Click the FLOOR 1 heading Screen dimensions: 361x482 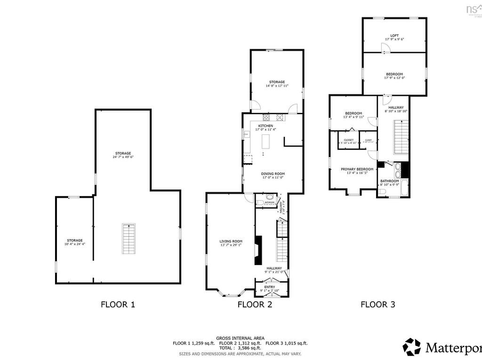(118, 304)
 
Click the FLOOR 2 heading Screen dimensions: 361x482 (255, 304)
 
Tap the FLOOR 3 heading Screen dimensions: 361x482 (378, 304)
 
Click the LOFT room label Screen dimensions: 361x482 (394, 36)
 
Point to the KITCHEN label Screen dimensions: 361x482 (265, 126)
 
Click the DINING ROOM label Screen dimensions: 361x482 (273, 173)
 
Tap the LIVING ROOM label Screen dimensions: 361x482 (231, 242)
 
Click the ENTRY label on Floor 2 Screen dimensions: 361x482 (270, 287)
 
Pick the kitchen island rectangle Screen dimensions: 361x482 (266, 141)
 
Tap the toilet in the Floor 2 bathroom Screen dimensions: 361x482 (269, 198)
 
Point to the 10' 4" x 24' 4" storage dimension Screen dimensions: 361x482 (74, 244)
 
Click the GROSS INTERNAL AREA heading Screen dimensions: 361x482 (240, 338)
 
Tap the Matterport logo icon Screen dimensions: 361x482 (412, 347)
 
